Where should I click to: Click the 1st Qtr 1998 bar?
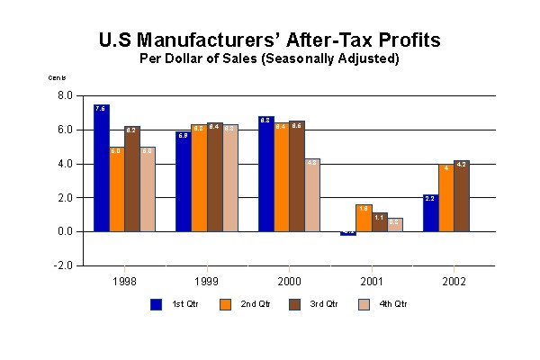point(102,168)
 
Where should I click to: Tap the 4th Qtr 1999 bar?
point(229,178)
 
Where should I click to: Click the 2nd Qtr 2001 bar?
point(364,218)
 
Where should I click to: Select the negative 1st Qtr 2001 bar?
point(348,233)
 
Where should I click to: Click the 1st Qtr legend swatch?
point(156,304)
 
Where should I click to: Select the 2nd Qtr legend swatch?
point(226,304)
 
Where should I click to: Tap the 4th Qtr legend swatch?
point(365,304)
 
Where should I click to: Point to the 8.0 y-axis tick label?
point(66,95)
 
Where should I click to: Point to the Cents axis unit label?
point(57,77)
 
